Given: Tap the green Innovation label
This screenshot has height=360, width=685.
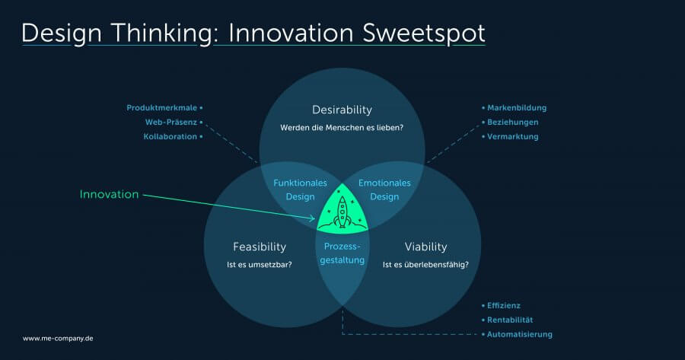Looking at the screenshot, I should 109,194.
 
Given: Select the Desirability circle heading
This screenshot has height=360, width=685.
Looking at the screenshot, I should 342,110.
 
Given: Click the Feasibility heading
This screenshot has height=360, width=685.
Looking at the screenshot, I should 259,247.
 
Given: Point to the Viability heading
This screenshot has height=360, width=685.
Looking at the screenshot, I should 425,247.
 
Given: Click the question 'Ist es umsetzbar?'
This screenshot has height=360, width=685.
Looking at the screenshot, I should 259,265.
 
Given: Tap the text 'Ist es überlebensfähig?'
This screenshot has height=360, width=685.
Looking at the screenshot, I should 425,265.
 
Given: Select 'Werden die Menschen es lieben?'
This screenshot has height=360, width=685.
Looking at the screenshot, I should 342,128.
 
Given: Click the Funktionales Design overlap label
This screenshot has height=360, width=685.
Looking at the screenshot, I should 300,190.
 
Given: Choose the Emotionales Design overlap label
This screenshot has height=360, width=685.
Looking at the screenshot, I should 384,190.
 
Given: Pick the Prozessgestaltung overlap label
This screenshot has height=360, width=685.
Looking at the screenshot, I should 342,253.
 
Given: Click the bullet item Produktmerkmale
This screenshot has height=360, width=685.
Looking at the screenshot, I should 162,108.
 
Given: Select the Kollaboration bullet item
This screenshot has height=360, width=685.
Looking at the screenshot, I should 170,136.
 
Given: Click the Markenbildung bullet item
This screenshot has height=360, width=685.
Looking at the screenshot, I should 517,108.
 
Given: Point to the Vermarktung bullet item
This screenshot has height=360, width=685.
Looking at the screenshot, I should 512,136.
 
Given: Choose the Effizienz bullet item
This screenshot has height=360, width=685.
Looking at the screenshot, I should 504,305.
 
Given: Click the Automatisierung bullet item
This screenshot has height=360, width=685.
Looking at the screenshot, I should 520,334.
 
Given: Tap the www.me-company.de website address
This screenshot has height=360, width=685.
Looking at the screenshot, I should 58,338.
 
